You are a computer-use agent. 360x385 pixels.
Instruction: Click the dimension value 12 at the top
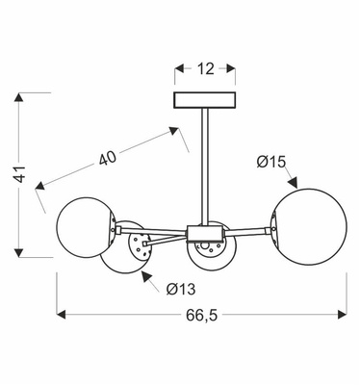tap(203, 70)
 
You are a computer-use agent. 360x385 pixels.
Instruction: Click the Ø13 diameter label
tap(179, 289)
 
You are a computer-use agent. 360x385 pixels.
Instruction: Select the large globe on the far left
tap(87, 227)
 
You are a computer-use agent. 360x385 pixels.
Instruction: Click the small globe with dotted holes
tap(135, 251)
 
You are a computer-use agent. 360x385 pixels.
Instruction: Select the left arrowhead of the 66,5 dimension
tap(64, 314)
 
